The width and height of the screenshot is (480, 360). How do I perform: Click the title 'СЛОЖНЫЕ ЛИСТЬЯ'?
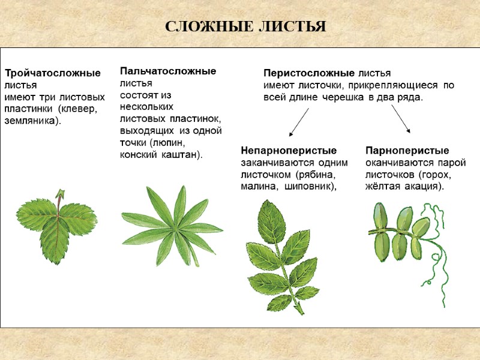point(245,27)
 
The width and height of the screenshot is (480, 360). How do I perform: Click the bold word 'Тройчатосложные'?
point(53,73)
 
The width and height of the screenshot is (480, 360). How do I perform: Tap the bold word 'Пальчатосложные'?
point(168,71)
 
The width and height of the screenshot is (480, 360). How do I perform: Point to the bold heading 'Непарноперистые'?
point(289,150)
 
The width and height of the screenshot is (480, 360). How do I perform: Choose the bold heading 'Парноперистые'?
point(407,150)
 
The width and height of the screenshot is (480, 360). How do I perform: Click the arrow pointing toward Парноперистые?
point(401,118)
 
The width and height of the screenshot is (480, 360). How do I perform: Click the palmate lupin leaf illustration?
point(172,225)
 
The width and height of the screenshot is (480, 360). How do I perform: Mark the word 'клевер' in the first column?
point(79,109)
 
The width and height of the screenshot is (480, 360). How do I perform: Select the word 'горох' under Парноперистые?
point(436,174)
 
